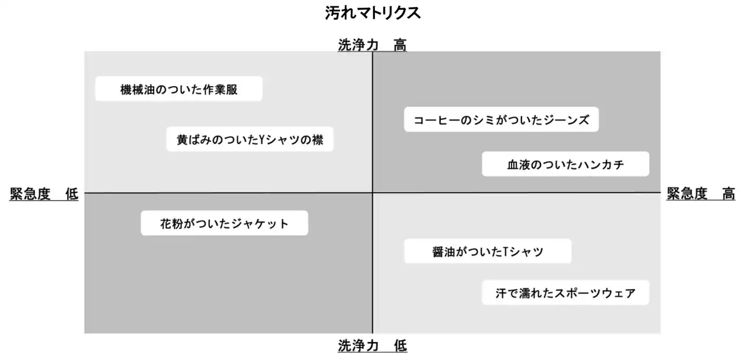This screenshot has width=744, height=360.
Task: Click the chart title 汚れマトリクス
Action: click(373, 13)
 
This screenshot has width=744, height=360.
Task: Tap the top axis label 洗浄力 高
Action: click(373, 45)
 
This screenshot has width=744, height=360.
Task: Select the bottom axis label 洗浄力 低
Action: click(373, 345)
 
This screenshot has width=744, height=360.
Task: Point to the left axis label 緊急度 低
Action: click(44, 194)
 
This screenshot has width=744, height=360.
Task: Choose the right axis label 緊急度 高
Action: click(701, 194)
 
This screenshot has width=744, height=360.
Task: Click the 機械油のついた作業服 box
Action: click(178, 89)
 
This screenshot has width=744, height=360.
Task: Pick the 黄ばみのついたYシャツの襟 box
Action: click(250, 139)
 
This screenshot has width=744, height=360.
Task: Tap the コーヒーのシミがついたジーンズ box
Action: click(501, 119)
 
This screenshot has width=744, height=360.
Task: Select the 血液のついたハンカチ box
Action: click(566, 164)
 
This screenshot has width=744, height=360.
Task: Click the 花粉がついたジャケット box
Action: click(224, 223)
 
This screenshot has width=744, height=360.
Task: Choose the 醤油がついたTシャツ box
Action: click(488, 251)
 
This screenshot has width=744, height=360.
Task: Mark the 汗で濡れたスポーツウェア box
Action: click(566, 293)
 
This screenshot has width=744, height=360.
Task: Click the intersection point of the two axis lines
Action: click(373, 193)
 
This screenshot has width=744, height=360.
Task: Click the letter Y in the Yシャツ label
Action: click(261, 140)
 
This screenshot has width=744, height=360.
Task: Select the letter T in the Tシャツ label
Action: click(506, 252)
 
